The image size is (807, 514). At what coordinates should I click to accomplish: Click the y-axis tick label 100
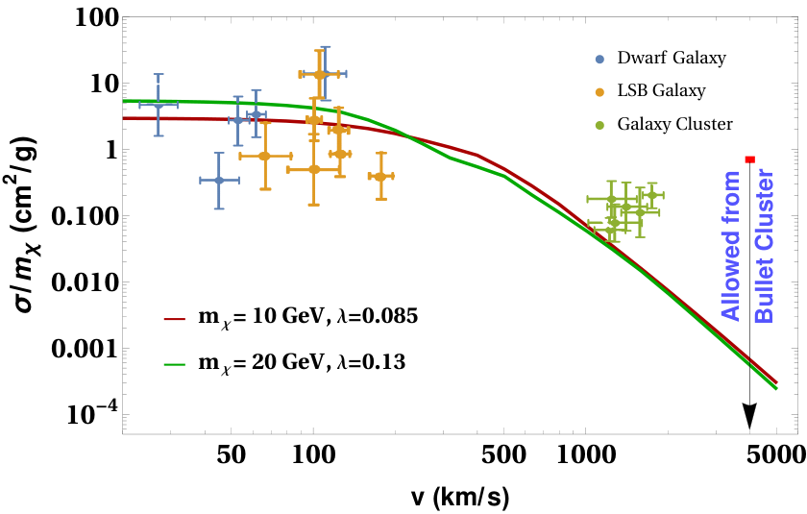[x=97, y=18]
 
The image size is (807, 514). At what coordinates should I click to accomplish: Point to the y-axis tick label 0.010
[x=85, y=282]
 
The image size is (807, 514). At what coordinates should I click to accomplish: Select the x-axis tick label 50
[x=232, y=454]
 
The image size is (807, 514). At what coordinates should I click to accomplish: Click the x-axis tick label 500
[x=503, y=454]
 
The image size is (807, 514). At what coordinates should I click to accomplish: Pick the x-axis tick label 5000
[x=776, y=454]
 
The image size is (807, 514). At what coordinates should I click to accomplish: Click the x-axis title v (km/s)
[x=460, y=497]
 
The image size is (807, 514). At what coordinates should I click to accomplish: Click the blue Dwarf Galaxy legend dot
[x=599, y=59]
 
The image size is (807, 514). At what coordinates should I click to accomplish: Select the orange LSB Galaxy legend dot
[x=599, y=92]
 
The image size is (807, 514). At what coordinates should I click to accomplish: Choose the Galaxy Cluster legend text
[x=674, y=125]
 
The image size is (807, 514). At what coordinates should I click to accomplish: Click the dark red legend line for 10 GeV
[x=175, y=319]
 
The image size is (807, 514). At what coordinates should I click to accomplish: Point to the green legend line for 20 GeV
[x=175, y=365]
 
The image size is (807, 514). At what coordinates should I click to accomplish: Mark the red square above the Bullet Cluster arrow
[x=750, y=159]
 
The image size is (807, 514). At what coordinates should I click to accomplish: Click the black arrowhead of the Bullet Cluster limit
[x=750, y=416]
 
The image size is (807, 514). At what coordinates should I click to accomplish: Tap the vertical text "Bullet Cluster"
[x=766, y=247]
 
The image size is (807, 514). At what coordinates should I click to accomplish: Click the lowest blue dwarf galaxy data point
[x=219, y=180]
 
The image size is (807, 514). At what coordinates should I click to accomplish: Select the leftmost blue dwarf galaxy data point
[x=159, y=105]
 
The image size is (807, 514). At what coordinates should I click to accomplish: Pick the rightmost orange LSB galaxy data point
[x=380, y=177]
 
